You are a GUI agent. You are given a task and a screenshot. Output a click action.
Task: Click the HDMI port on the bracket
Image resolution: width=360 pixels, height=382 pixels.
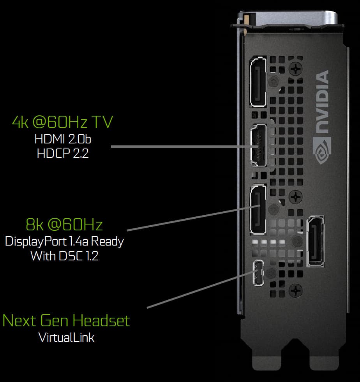point(258,145)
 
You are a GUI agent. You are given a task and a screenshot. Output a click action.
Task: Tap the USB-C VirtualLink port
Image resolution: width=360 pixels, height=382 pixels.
point(258,273)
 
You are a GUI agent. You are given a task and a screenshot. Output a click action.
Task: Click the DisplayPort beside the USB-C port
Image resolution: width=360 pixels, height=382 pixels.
point(316,241)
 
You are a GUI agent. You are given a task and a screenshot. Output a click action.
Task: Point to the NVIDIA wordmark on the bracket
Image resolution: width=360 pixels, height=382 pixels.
point(322,102)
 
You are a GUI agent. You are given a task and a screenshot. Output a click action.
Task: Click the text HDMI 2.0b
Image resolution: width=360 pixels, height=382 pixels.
point(63,139)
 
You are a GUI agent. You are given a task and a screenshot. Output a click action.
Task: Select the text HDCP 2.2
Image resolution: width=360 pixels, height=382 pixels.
point(63,154)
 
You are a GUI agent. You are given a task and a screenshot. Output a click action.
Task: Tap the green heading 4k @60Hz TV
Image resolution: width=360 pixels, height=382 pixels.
point(63,122)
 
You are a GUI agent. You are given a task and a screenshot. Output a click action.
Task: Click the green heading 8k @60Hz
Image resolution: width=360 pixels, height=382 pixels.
point(64,225)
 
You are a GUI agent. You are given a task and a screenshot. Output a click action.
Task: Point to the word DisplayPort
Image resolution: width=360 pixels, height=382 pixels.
point(36,242)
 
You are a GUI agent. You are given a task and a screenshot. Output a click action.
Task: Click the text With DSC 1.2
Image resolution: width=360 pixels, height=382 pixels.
point(65,256)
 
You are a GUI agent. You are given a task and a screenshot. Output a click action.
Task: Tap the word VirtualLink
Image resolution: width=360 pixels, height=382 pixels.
point(67,338)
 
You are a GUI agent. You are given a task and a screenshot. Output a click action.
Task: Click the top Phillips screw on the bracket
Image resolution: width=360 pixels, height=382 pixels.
point(296,69)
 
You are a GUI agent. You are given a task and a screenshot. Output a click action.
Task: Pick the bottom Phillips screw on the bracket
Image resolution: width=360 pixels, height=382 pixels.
point(296,290)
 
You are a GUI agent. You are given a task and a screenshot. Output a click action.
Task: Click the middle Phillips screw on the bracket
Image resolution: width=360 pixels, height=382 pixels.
point(296,196)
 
